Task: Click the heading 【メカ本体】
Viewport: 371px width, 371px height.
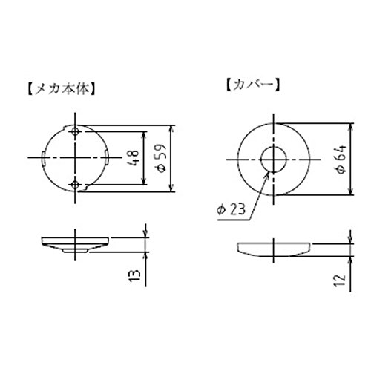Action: pyautogui.click(x=60, y=88)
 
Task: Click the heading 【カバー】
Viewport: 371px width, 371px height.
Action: pyautogui.click(x=253, y=85)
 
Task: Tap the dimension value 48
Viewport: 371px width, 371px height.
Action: pyautogui.click(x=134, y=157)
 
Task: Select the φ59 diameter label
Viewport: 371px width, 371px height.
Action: pyautogui.click(x=162, y=158)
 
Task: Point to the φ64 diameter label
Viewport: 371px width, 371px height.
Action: pyautogui.click(x=341, y=160)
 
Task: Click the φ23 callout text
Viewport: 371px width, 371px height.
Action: pyautogui.click(x=231, y=209)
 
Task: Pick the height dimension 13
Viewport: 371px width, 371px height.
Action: pyautogui.click(x=134, y=275)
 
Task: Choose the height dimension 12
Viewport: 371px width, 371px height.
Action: pyautogui.click(x=340, y=280)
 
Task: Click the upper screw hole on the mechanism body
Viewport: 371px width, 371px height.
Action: pyautogui.click(x=75, y=131)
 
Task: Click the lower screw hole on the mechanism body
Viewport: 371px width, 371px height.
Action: pyautogui.click(x=75, y=185)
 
